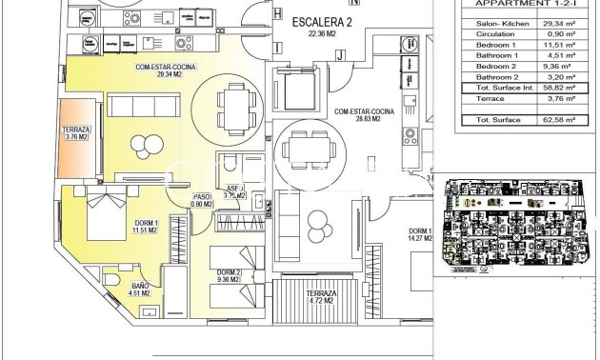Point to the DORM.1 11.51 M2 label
point(146,228)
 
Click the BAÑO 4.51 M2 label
point(140,289)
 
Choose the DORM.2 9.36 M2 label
point(229,276)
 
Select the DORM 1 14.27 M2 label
point(421,235)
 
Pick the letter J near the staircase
point(338,55)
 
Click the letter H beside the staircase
point(277,14)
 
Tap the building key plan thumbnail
point(515,225)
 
